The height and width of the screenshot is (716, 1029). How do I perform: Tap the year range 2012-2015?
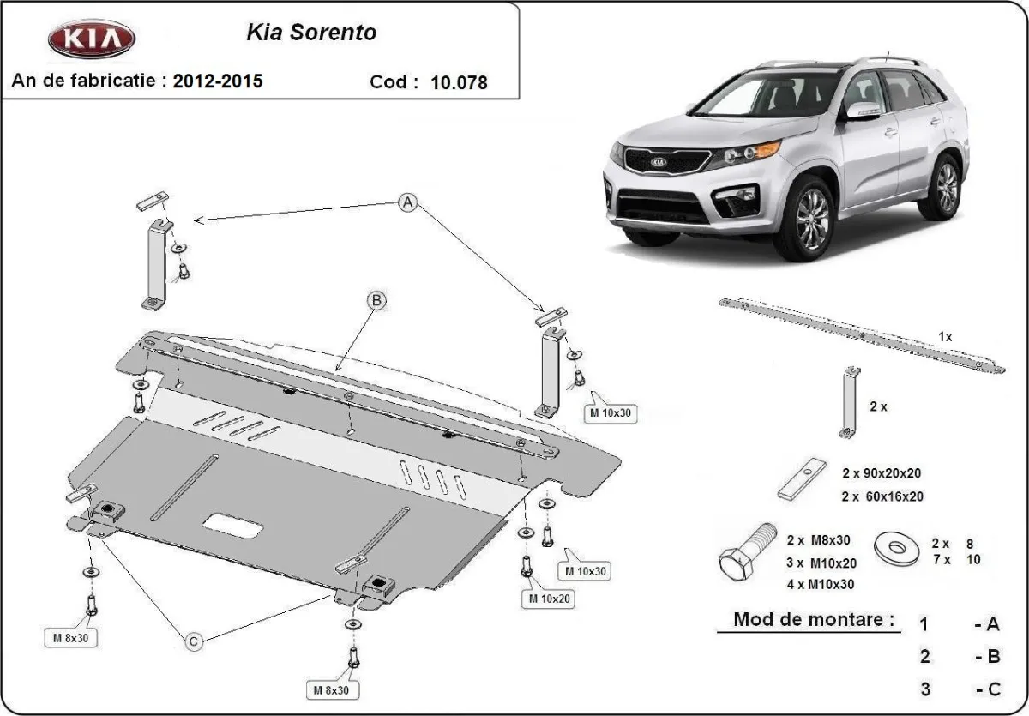pos(218,81)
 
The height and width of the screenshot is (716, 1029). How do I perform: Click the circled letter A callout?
pos(408,202)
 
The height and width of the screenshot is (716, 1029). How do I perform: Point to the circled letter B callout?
pos(376,300)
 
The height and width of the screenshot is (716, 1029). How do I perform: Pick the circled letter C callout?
pos(194,641)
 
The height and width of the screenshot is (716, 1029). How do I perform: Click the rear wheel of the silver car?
pos(946,186)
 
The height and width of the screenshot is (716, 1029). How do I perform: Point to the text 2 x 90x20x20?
pos(882,472)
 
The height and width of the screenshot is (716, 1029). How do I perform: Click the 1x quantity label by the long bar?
pos(945,337)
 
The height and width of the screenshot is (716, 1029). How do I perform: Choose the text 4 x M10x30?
pos(820,584)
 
